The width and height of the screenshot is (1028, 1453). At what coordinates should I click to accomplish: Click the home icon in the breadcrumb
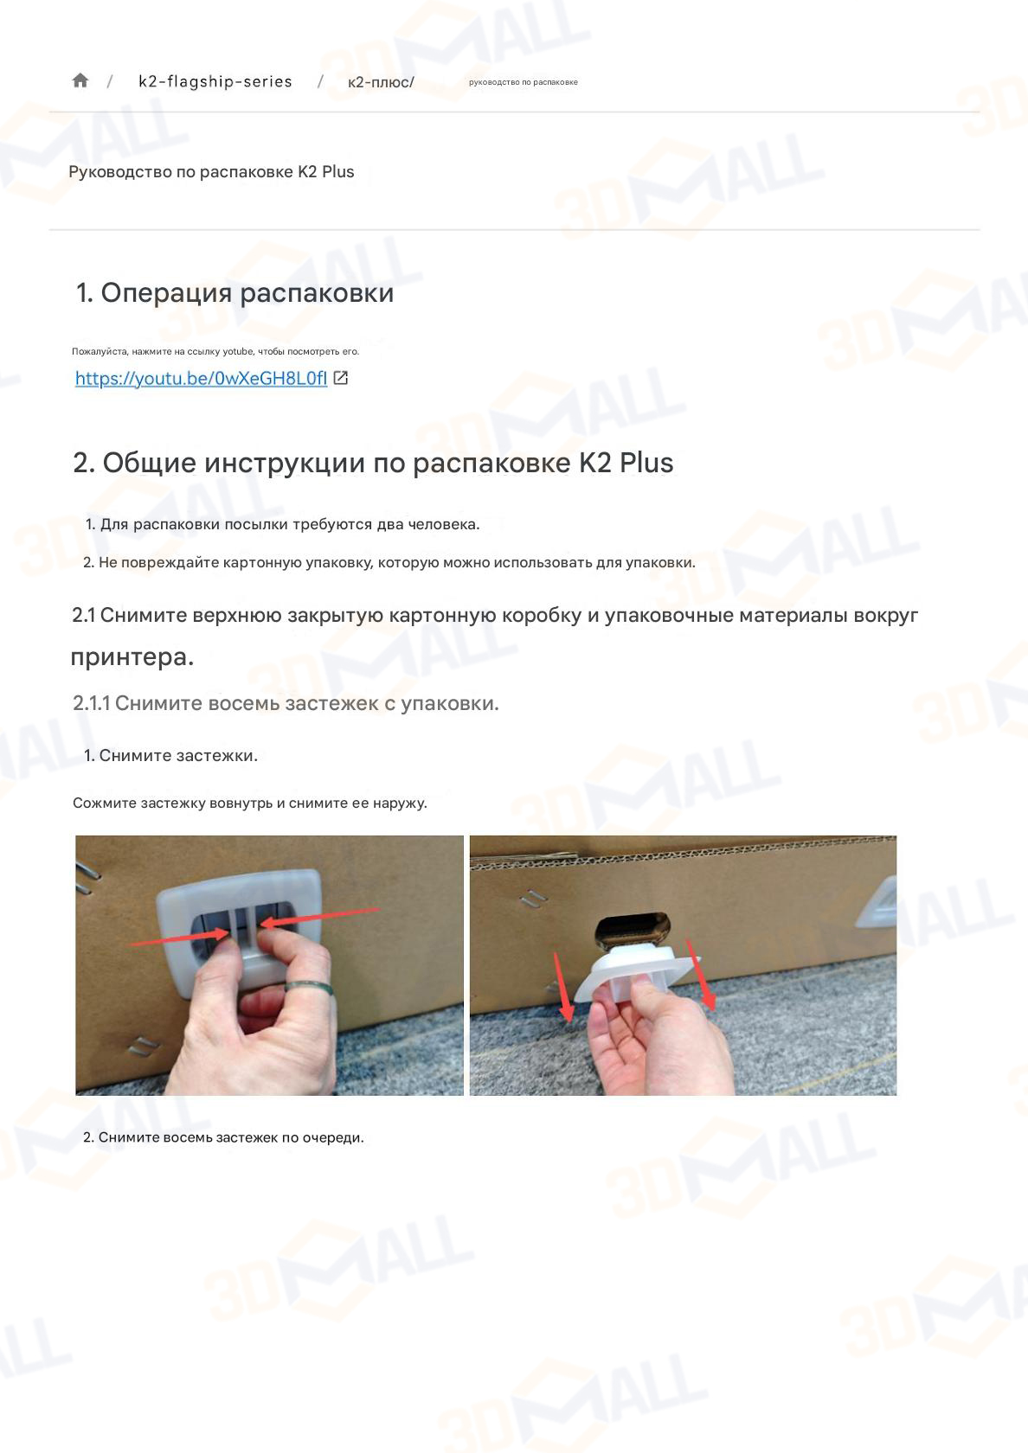coord(80,80)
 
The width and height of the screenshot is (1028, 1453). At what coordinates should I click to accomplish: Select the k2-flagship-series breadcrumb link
coord(215,81)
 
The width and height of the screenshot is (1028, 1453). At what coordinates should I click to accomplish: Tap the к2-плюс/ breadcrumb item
coord(381,82)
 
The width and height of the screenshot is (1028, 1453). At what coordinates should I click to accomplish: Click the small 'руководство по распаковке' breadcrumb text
coord(523,82)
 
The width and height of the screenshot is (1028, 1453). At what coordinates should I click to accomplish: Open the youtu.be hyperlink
coord(201,378)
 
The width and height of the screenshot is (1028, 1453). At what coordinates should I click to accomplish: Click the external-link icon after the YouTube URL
coord(341,378)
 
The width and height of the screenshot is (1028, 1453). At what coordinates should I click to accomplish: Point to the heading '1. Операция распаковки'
coord(235,292)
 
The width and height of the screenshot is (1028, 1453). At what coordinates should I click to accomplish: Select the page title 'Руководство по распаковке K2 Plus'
coord(211,171)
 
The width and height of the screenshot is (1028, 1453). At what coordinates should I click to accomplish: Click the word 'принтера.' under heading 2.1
coord(132,656)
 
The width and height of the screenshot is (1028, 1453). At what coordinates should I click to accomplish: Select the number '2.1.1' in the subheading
coord(91,703)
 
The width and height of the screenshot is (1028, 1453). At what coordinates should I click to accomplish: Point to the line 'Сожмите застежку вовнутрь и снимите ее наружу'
coord(249,803)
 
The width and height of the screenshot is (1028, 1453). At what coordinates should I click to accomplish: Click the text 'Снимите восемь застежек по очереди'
coord(230,1137)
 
